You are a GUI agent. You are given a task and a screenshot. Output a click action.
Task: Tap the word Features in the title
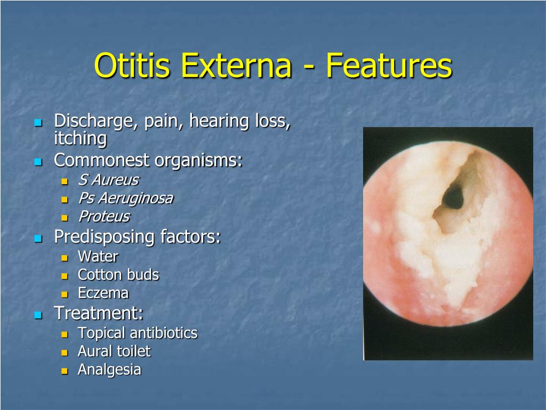pyautogui.click(x=389, y=66)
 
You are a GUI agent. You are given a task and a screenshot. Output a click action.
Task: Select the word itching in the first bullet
pyautogui.click(x=81, y=139)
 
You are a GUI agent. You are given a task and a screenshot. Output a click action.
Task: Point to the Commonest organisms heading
pyautogui.click(x=148, y=160)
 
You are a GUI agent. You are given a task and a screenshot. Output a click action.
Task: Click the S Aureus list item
pyautogui.click(x=108, y=180)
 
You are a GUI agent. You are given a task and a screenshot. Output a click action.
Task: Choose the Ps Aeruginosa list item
pyautogui.click(x=125, y=199)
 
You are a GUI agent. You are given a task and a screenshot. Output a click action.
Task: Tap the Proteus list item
pyautogui.click(x=104, y=217)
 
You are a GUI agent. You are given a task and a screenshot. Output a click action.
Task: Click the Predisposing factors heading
pyautogui.click(x=138, y=236)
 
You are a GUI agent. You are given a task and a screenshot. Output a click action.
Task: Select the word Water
pyautogui.click(x=98, y=256)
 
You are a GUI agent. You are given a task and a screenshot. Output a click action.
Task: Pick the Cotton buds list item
pyautogui.click(x=118, y=275)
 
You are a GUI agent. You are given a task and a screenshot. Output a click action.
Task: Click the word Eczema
pyautogui.click(x=103, y=293)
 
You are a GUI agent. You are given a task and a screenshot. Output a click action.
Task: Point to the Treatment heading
pyautogui.click(x=99, y=313)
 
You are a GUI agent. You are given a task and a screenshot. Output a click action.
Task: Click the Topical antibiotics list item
pyautogui.click(x=138, y=333)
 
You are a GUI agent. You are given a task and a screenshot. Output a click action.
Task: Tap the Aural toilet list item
pyautogui.click(x=114, y=351)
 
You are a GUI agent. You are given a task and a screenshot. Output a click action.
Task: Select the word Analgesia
pyautogui.click(x=109, y=369)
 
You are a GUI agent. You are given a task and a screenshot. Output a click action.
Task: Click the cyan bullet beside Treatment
pyautogui.click(x=38, y=314)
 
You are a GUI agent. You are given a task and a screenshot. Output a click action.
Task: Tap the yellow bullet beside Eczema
pyautogui.click(x=65, y=294)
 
